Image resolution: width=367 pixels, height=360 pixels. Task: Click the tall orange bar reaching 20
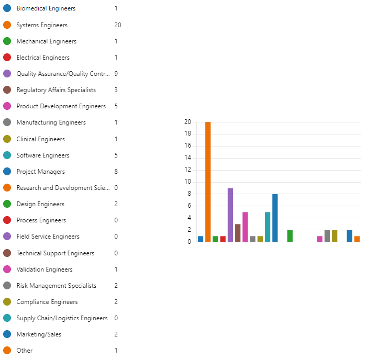(208, 182)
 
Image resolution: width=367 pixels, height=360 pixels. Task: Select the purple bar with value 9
(230, 215)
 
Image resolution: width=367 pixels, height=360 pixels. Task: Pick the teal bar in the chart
(268, 227)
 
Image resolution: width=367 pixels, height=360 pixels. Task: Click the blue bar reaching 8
(275, 218)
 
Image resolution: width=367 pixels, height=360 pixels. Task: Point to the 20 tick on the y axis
(187, 122)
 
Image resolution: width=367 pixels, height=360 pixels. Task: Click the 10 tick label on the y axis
(187, 182)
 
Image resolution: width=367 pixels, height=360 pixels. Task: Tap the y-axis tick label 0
(189, 242)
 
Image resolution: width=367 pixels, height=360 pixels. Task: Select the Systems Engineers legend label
(42, 25)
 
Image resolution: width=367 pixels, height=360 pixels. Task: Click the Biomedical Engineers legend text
(46, 8)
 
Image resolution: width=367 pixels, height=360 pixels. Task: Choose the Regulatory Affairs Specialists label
(56, 90)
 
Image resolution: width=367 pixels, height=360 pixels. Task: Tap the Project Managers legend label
(41, 172)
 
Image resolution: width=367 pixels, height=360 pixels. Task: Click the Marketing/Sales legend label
(39, 334)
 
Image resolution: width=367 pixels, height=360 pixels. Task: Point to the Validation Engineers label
(45, 269)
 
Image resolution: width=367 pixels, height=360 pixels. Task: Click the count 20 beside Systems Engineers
(117, 25)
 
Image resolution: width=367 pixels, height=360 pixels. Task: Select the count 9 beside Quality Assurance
(116, 74)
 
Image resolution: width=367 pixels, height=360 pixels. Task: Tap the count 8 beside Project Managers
(116, 172)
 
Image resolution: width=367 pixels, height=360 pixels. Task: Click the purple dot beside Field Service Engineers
(7, 237)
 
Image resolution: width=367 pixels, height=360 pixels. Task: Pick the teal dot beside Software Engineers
(7, 155)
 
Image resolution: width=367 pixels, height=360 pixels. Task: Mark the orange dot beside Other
(7, 351)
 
